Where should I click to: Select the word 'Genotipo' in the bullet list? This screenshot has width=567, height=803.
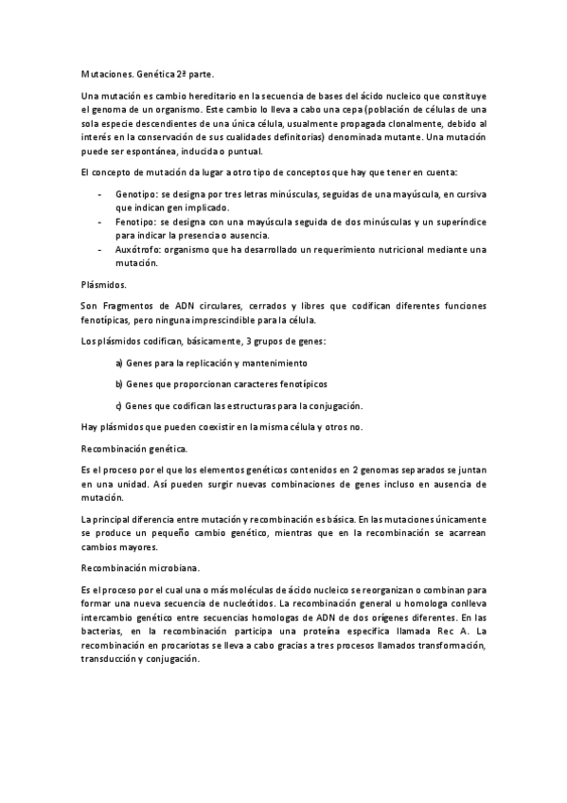point(135,193)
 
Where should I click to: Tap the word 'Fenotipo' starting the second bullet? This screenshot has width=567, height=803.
point(134,221)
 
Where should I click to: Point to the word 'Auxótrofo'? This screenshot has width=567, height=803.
point(138,249)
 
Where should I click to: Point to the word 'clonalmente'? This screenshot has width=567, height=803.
point(395,124)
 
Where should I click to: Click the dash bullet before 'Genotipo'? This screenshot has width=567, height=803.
point(100,193)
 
